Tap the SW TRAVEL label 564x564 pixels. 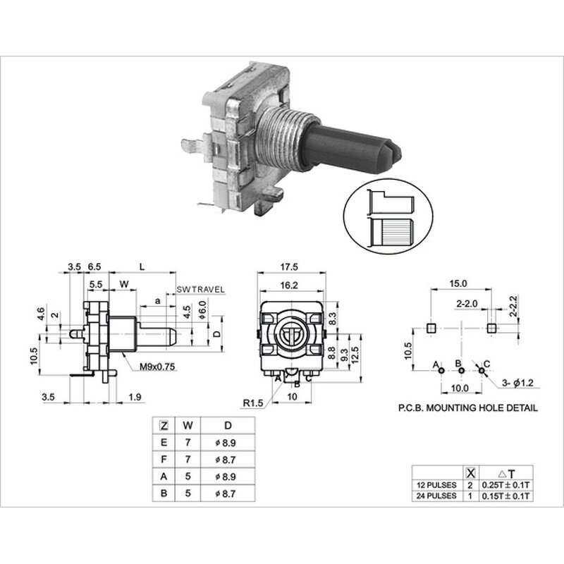point(200,290)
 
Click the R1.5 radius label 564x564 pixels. point(252,403)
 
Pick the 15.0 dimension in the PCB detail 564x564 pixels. point(458,283)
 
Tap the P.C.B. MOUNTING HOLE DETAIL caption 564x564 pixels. point(467,407)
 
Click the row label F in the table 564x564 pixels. point(164,459)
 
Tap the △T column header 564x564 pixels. point(508,473)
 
